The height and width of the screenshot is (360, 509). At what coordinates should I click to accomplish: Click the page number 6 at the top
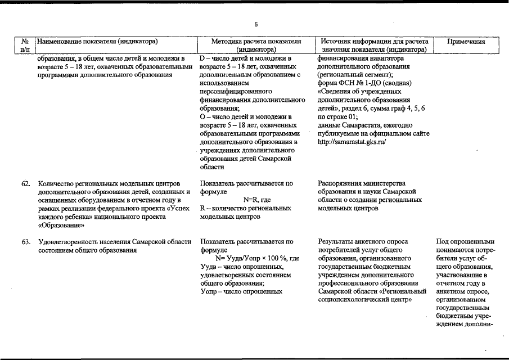255,24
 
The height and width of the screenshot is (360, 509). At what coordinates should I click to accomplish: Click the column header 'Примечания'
466,42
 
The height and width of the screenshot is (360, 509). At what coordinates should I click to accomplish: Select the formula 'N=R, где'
256,200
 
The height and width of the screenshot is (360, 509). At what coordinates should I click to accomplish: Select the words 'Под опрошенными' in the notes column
465,242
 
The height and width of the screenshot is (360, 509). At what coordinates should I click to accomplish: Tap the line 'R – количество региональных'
245,208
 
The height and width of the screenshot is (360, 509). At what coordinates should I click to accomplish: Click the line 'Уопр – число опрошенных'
240,291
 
